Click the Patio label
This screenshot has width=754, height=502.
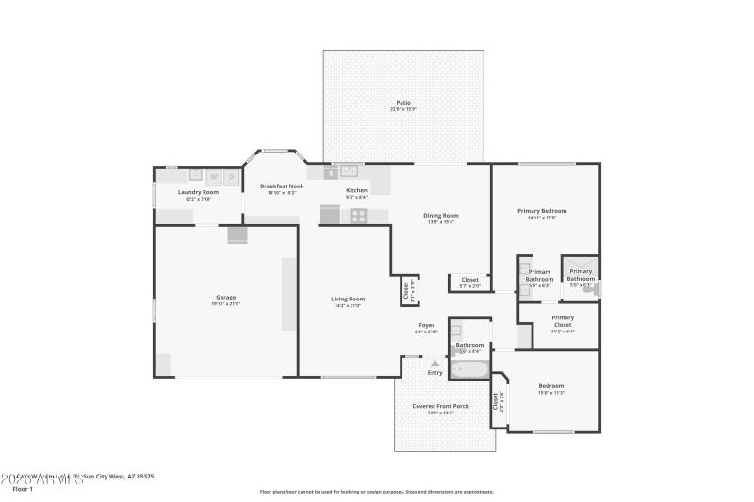click(402, 102)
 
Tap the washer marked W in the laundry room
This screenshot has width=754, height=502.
click(214, 175)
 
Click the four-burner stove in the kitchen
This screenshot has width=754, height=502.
click(358, 215)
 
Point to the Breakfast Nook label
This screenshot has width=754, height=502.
click(282, 186)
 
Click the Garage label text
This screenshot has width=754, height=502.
click(225, 298)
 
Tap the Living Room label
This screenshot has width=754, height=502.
click(349, 299)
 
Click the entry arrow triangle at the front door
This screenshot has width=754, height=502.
click(434, 362)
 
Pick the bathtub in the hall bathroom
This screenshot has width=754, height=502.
click(467, 369)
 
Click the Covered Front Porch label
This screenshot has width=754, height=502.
click(440, 406)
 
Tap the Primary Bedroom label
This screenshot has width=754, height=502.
click(542, 211)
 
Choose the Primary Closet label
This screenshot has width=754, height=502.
click(562, 318)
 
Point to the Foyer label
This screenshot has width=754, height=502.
click(427, 325)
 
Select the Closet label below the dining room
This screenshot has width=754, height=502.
click(469, 280)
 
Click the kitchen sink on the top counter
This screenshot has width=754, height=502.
click(350, 172)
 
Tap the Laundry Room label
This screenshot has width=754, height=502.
click(198, 192)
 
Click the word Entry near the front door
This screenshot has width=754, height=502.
click(434, 372)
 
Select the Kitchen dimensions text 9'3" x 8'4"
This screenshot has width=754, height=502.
click(356, 197)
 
